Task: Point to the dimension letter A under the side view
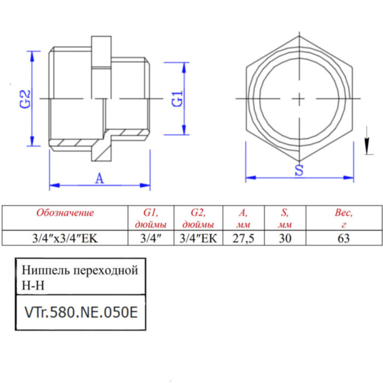tap(99, 178)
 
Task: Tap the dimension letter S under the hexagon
tap(299, 170)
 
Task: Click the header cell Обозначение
tap(65, 213)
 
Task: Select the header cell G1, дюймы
tap(150, 218)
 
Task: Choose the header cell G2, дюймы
tap(198, 218)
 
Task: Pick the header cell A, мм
tap(243, 218)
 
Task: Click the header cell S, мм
tap(285, 218)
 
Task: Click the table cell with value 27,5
tap(243, 238)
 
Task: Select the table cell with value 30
tap(285, 238)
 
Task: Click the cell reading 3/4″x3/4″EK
tap(65, 238)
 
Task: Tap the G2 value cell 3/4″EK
tap(198, 238)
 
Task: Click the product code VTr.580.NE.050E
tap(80, 312)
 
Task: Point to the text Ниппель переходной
tap(79, 270)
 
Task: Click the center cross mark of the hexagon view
tap(299, 98)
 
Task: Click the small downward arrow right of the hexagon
tap(365, 147)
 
